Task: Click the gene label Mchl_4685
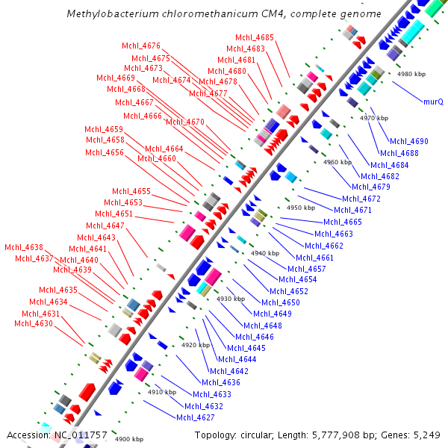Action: (x=255, y=37)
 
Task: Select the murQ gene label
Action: (x=433, y=101)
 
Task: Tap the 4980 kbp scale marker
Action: (x=411, y=74)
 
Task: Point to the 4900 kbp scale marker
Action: (x=129, y=439)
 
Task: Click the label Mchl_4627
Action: (x=195, y=417)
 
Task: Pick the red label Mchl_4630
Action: (x=34, y=323)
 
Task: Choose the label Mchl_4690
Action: (x=409, y=141)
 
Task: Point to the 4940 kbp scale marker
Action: (x=264, y=253)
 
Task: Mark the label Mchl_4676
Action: (x=141, y=46)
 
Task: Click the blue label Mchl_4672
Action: (x=361, y=199)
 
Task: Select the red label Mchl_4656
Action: (x=105, y=152)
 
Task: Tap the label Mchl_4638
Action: (x=24, y=247)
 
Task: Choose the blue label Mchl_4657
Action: (x=307, y=268)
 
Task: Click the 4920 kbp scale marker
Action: (x=196, y=345)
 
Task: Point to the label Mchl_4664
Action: (x=164, y=149)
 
